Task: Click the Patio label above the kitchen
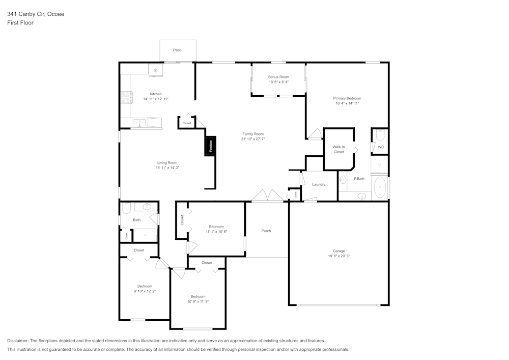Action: (x=177, y=50)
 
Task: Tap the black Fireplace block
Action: (x=210, y=146)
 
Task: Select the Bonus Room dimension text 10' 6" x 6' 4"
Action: (x=278, y=82)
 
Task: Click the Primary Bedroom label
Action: (x=347, y=98)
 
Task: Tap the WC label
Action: (x=380, y=147)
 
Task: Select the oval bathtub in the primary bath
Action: (x=380, y=187)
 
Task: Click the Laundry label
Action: (x=319, y=184)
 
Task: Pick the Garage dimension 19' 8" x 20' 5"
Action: (x=338, y=256)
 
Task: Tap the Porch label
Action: (x=266, y=231)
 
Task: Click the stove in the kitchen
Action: (x=126, y=97)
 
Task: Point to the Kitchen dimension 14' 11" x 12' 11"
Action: (x=156, y=99)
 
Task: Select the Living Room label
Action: (x=167, y=162)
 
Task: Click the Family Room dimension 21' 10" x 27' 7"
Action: (x=252, y=139)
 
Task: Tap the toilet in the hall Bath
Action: (x=126, y=208)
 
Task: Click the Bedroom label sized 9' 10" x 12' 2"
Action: (x=145, y=286)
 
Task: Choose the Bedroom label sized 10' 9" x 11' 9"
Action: (x=197, y=296)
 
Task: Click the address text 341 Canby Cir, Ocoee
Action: (x=36, y=14)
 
